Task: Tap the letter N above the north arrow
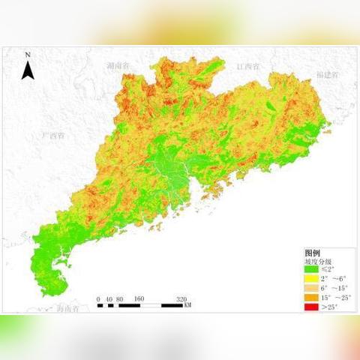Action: pos(28,55)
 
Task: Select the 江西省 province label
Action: pos(247,66)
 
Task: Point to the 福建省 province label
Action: pos(327,75)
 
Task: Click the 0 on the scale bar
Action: pos(98,298)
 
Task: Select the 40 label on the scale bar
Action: pos(109,298)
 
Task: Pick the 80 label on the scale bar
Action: pos(120,298)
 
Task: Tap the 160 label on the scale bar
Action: pos(139,298)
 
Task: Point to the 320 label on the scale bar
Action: pos(181,298)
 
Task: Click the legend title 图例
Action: pos(312,253)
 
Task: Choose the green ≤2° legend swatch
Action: pos(310,269)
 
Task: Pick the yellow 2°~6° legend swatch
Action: pos(310,279)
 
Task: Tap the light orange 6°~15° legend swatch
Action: pos(310,288)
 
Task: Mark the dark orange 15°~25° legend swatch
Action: pos(310,298)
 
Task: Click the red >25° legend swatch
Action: pos(310,307)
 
